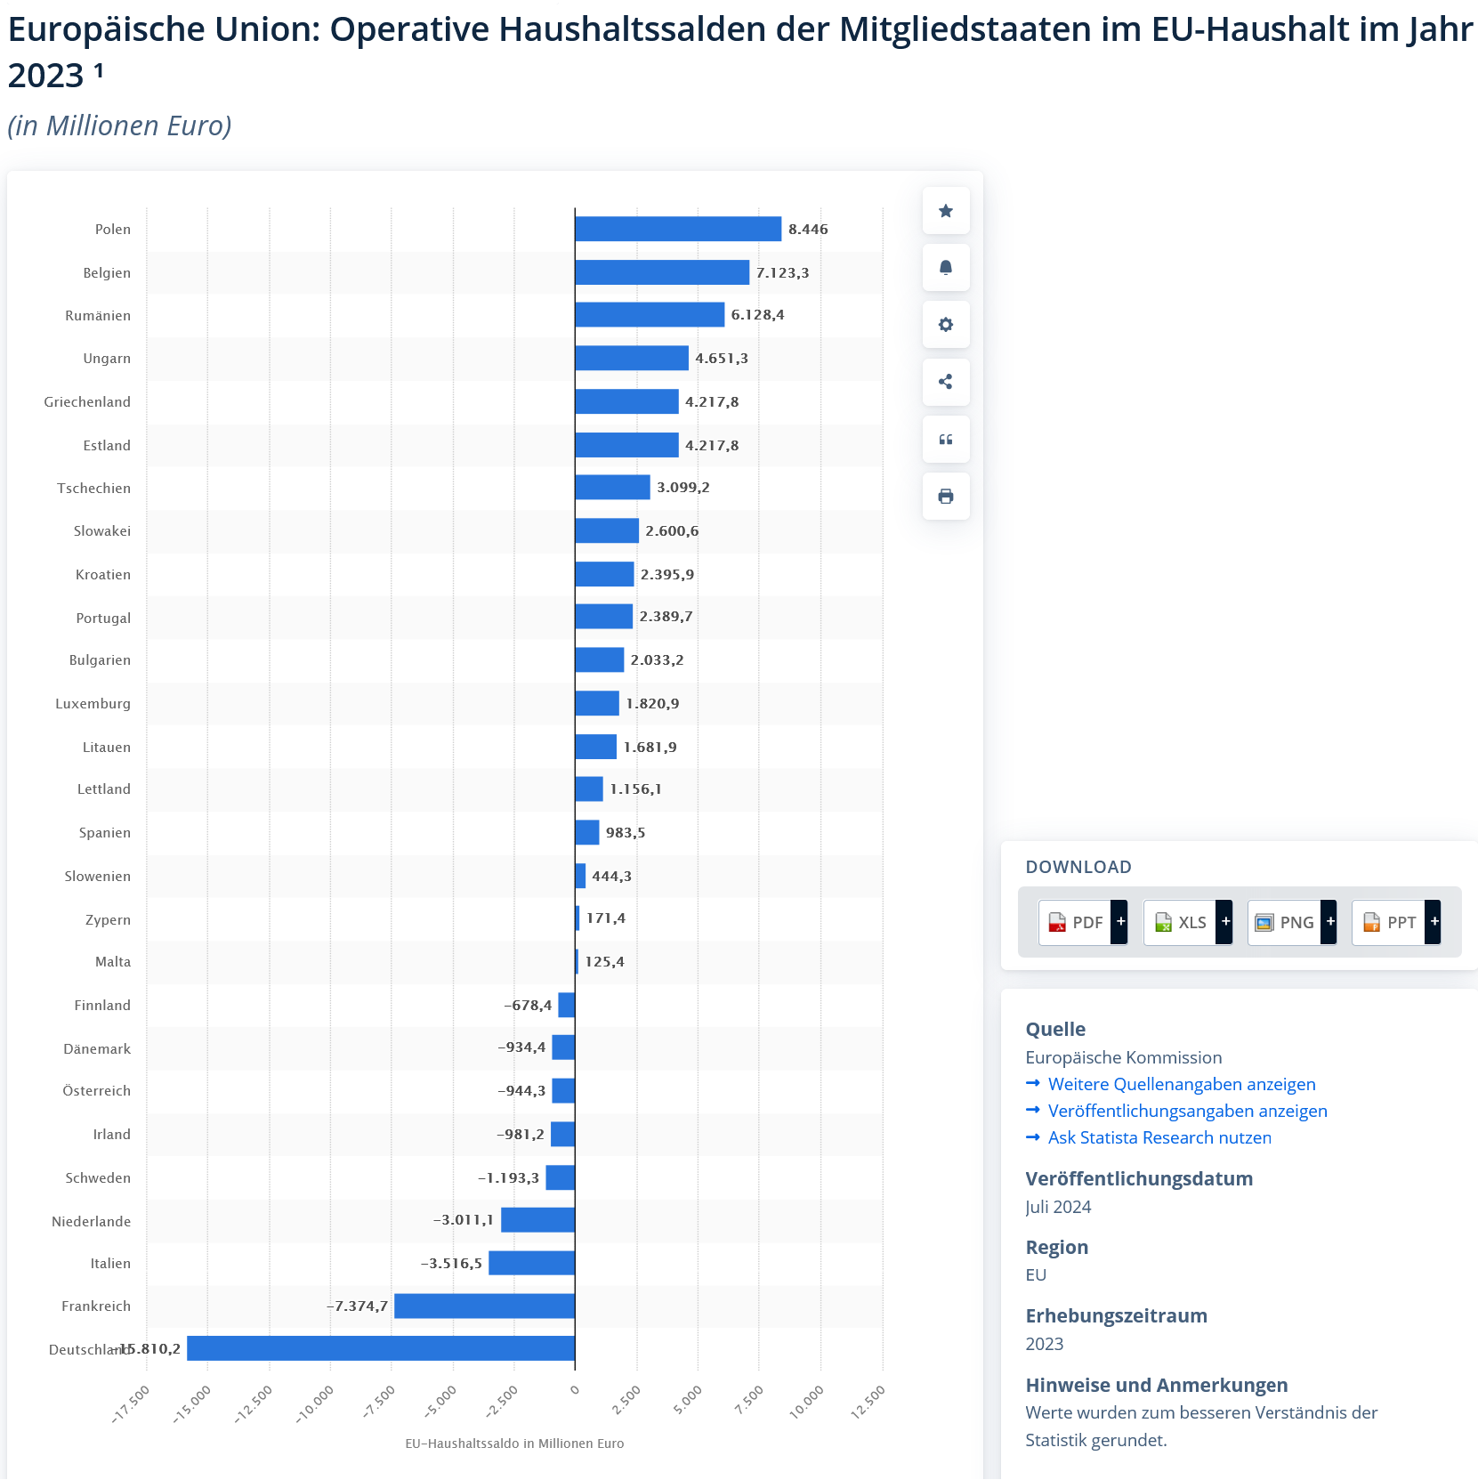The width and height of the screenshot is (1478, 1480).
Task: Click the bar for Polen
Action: click(x=678, y=229)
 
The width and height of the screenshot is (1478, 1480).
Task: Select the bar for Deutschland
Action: click(x=381, y=1348)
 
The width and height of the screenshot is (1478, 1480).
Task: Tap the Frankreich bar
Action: click(x=484, y=1306)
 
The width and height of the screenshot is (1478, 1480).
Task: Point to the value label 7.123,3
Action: click(x=782, y=272)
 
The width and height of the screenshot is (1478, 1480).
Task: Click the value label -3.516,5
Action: click(x=451, y=1263)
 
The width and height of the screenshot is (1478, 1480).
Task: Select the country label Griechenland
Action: click(x=87, y=401)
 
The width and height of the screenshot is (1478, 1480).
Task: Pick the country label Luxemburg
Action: click(x=93, y=703)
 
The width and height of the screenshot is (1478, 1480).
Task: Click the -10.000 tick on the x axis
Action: click(x=316, y=1403)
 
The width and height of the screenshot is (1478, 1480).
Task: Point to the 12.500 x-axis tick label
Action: click(x=868, y=1402)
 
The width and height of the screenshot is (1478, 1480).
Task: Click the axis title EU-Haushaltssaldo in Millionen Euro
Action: click(x=514, y=1444)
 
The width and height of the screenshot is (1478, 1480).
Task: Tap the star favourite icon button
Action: click(x=946, y=211)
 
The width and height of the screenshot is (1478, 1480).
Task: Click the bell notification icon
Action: click(x=946, y=268)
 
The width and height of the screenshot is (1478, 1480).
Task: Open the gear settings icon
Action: click(x=946, y=325)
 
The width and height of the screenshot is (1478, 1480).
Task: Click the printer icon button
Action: click(x=946, y=496)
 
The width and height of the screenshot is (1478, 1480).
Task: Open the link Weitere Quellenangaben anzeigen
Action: click(x=1181, y=1084)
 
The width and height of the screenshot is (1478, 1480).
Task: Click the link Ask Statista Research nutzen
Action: click(x=1159, y=1137)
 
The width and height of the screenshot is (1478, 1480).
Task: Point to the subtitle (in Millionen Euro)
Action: click(x=119, y=125)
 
